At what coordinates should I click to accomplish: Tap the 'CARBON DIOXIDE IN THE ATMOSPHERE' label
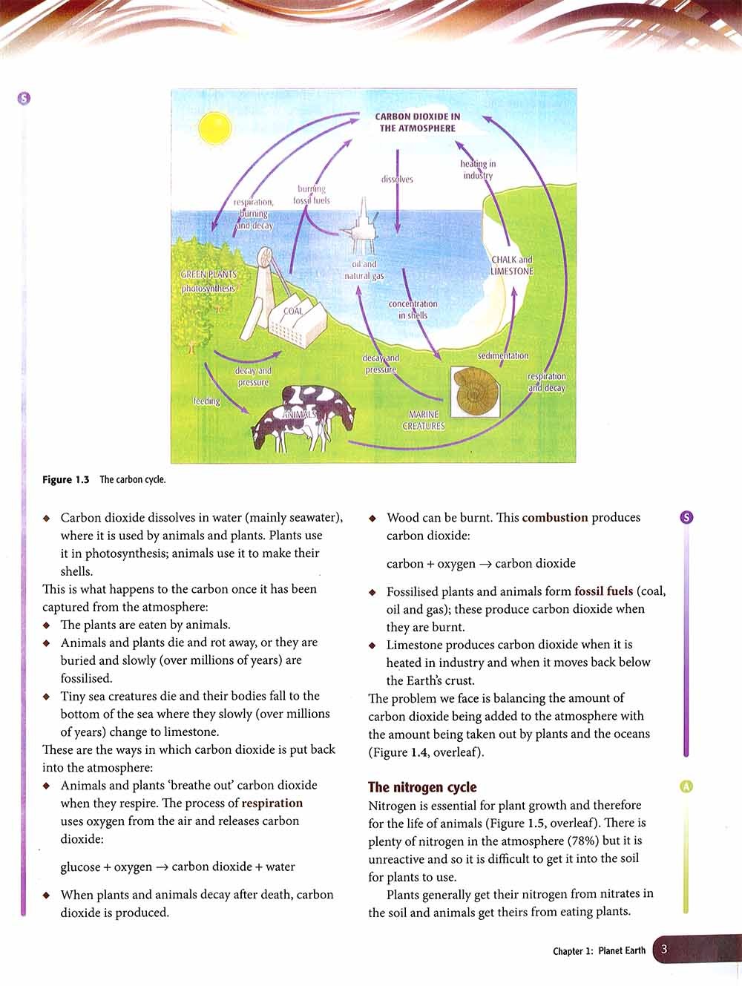point(417,122)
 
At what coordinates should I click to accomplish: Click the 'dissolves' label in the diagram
point(397,180)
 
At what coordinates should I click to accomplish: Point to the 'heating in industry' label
point(478,170)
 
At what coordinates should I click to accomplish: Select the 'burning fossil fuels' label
point(312,195)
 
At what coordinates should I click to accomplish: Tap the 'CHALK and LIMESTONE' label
point(512,266)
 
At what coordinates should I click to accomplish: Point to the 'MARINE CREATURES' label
point(424,421)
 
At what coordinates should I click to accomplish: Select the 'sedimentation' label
point(503,356)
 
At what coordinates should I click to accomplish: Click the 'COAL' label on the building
point(294,312)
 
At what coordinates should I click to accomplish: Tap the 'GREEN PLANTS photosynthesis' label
point(209,281)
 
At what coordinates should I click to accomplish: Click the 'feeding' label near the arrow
point(207,401)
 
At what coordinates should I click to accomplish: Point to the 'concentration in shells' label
point(413,309)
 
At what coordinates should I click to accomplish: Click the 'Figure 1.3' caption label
point(65,480)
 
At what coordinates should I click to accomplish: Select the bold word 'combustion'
point(554,518)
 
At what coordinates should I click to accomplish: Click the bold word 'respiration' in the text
point(272,803)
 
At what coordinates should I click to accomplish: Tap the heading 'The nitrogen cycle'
point(422,787)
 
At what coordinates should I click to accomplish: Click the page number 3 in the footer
point(664,950)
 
